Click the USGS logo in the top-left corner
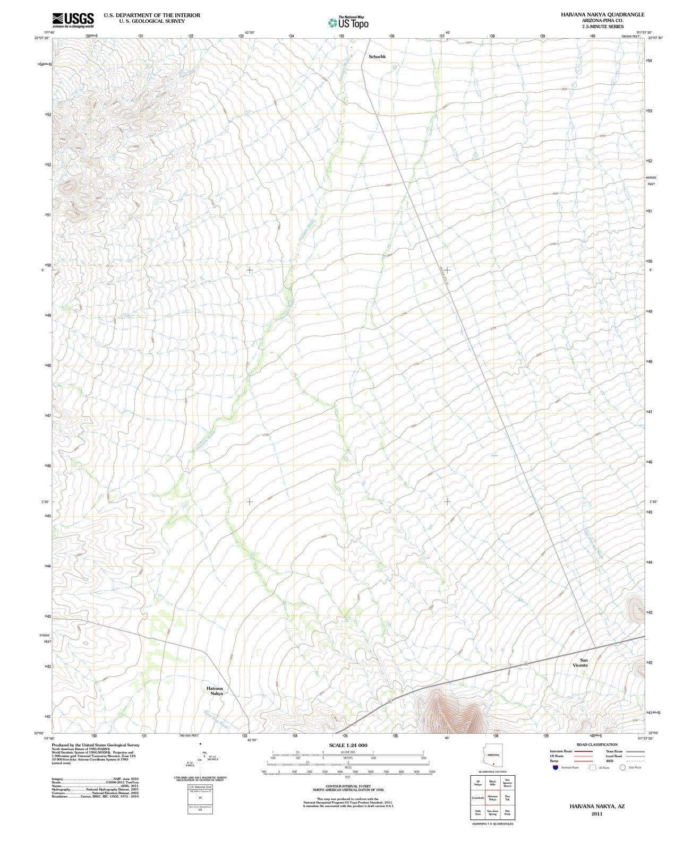click(73, 20)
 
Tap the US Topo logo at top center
click(348, 22)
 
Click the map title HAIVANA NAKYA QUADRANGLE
click(602, 15)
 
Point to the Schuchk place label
click(377, 56)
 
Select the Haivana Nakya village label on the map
click(215, 690)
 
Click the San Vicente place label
click(580, 662)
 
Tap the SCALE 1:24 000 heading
click(348, 745)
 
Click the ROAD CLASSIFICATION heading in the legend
click(597, 744)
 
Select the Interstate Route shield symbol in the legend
click(555, 767)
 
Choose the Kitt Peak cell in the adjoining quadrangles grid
click(507, 812)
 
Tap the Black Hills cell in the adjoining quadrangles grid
click(492, 783)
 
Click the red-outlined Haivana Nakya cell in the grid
click(492, 798)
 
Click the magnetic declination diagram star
click(200, 744)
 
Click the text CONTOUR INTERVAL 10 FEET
click(348, 786)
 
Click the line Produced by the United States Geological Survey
click(96, 745)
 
